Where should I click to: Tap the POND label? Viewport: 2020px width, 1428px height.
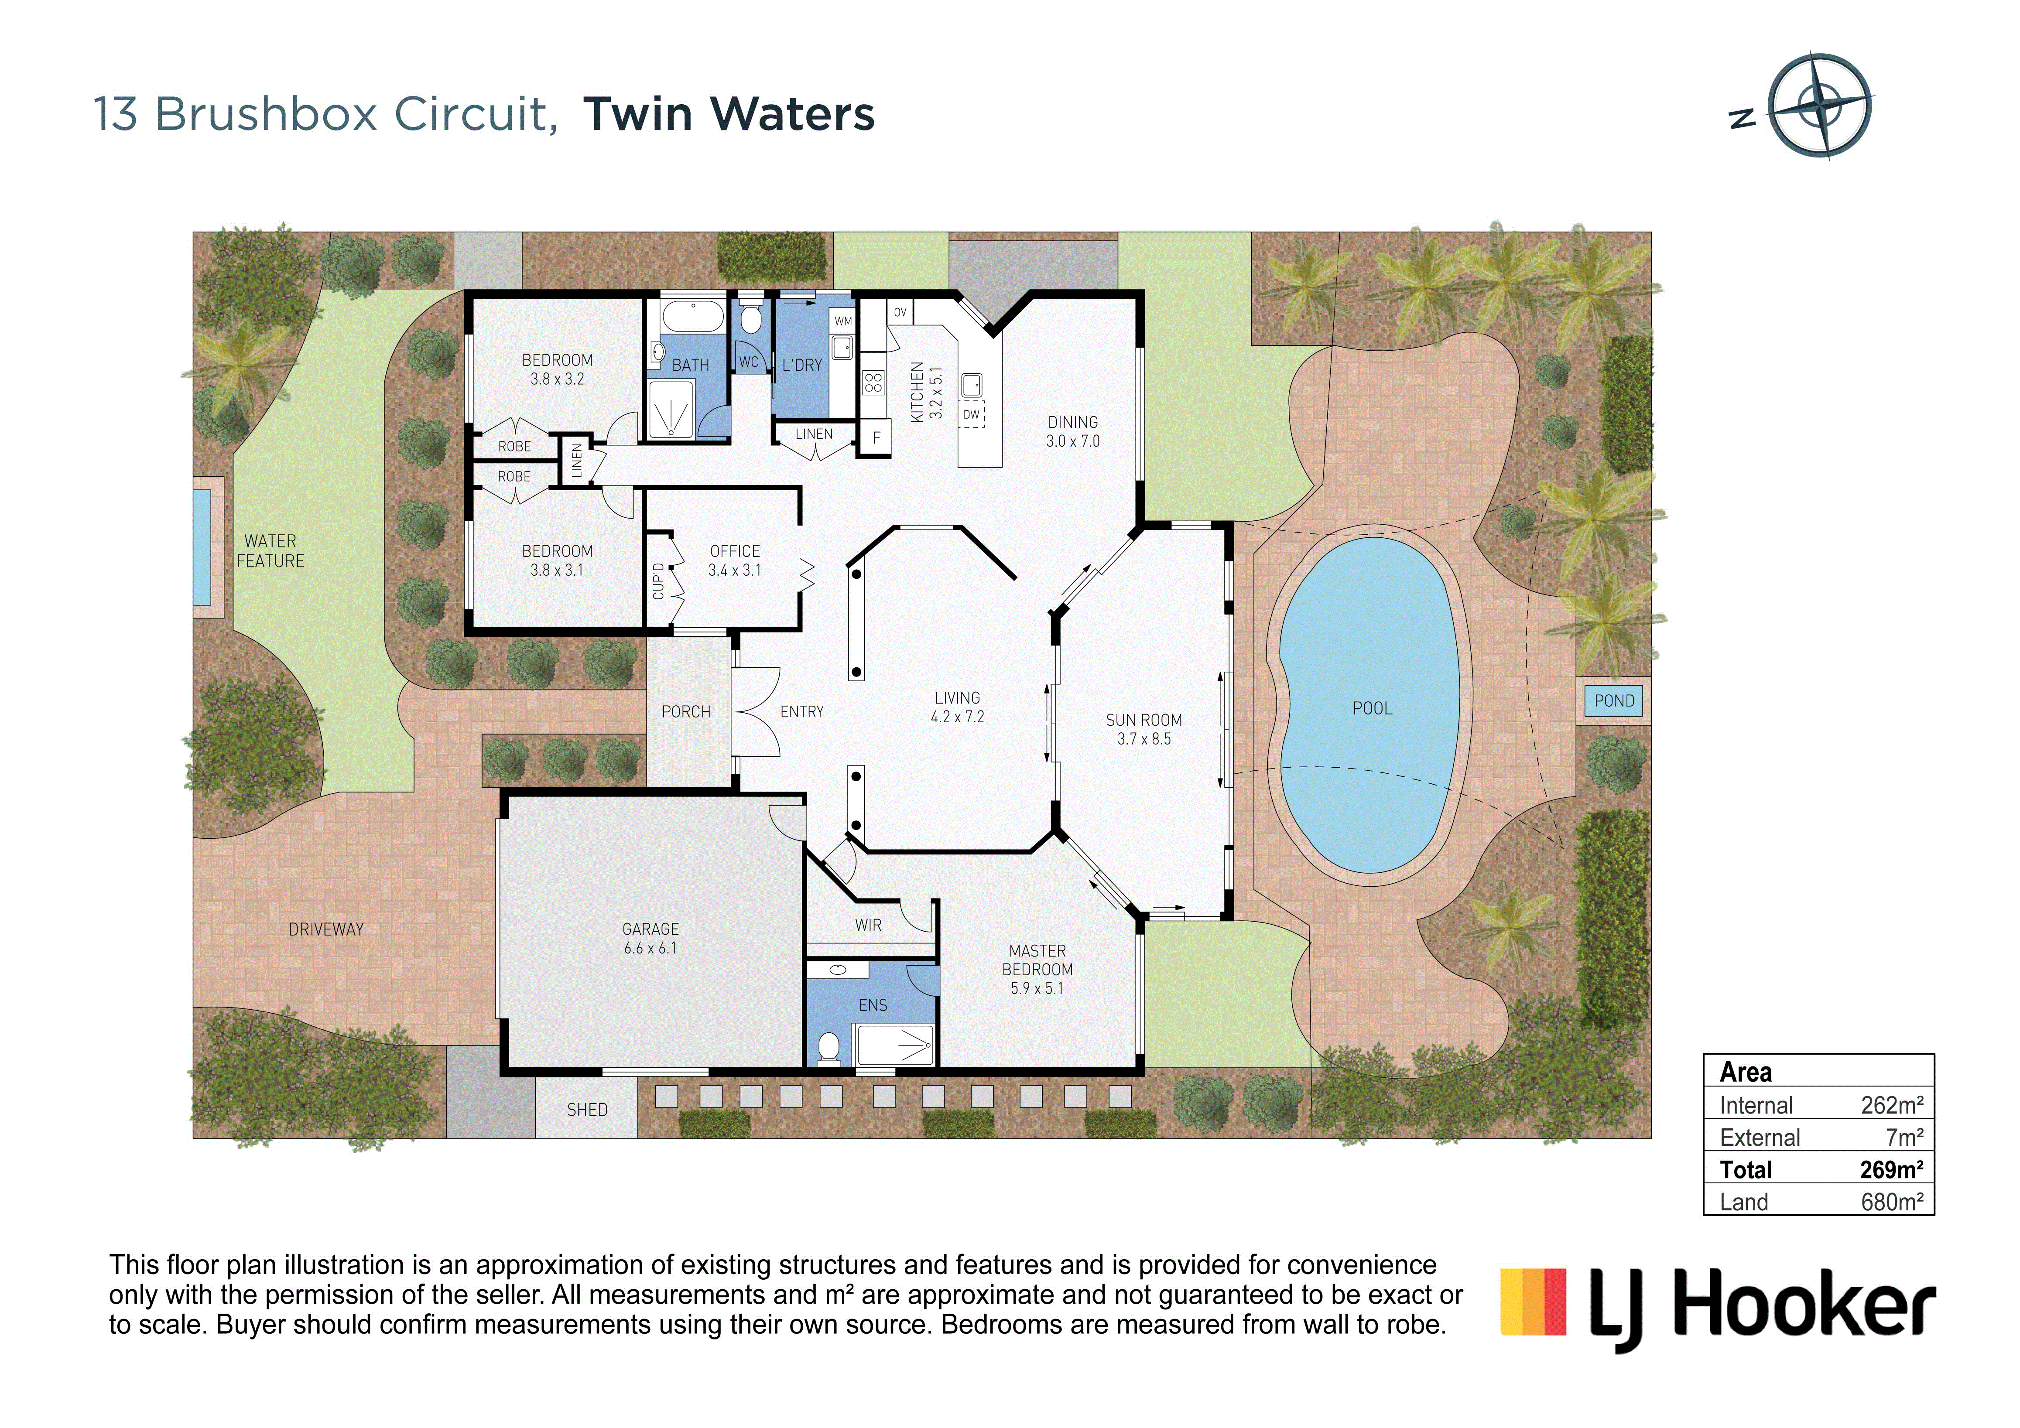(x=1614, y=701)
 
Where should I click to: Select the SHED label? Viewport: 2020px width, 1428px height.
(x=587, y=1110)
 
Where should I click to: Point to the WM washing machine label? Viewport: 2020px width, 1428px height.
(x=843, y=321)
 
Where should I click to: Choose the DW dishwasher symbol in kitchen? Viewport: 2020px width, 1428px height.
(x=971, y=414)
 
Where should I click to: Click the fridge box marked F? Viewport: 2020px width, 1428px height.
(x=875, y=437)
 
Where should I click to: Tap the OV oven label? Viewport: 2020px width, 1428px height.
(x=900, y=312)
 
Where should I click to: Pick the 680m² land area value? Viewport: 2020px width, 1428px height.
(x=1892, y=1202)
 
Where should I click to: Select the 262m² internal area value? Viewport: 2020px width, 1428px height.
(x=1892, y=1105)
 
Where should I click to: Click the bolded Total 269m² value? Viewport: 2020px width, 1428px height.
(x=1892, y=1169)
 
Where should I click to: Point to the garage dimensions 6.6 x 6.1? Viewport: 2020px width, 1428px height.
(x=650, y=948)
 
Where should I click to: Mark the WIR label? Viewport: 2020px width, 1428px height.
(x=868, y=925)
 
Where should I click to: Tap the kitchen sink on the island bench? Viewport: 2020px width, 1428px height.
(x=971, y=385)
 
